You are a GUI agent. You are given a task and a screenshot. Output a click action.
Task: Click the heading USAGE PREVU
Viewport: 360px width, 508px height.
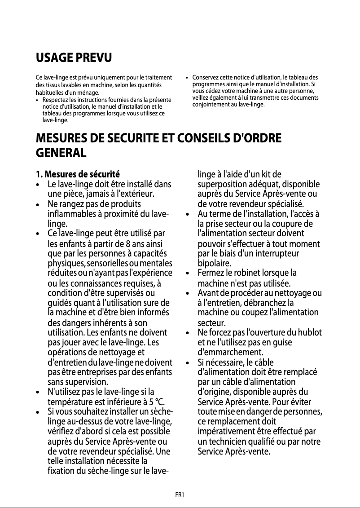[74, 58]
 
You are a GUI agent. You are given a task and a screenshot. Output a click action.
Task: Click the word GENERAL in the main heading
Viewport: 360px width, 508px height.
[61, 153]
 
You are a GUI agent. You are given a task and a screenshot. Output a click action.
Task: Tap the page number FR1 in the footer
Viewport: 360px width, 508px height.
[180, 495]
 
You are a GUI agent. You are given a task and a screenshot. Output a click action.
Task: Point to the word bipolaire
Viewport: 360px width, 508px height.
[215, 263]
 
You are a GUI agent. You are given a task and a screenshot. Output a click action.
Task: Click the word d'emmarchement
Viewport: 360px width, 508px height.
[228, 352]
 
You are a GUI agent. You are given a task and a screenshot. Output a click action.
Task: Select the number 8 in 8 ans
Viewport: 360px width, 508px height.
[123, 244]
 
